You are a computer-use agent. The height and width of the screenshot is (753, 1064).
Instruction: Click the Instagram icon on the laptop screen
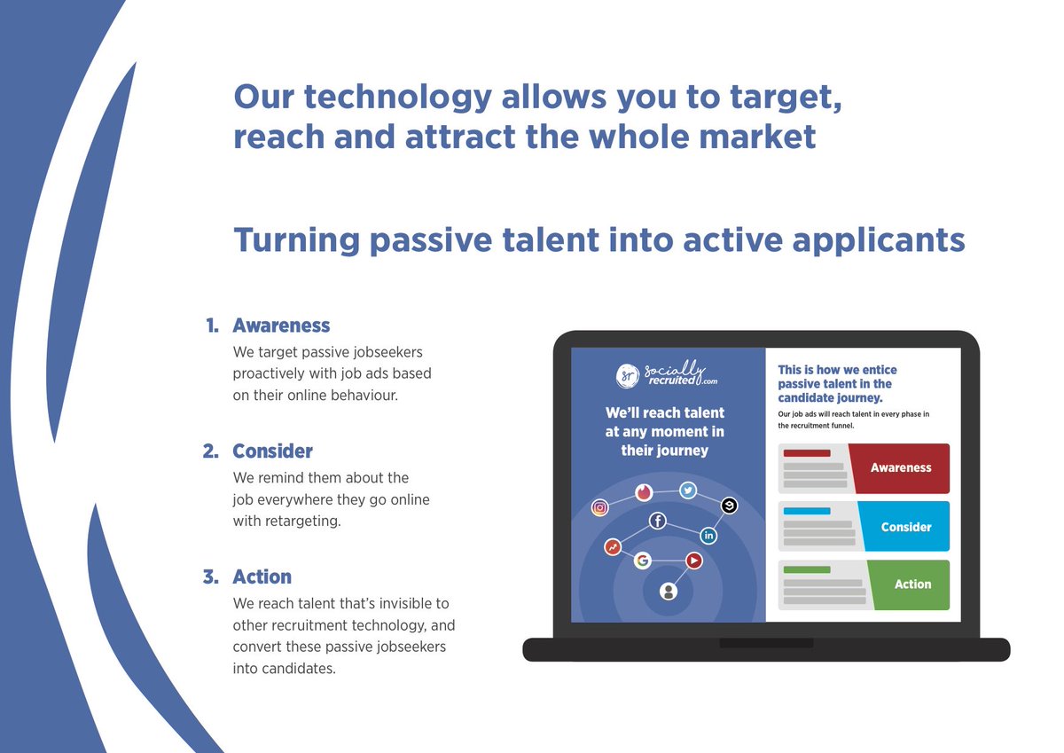[x=600, y=507]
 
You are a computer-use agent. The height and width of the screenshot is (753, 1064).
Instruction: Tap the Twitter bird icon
[x=687, y=490]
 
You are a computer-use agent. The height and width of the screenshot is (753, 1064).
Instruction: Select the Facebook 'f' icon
[x=658, y=522]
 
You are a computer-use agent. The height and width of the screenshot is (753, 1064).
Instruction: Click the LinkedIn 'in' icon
[x=708, y=536]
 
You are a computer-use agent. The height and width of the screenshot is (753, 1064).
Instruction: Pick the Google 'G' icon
[x=642, y=561]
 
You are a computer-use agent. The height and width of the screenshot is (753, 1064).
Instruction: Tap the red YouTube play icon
[x=694, y=561]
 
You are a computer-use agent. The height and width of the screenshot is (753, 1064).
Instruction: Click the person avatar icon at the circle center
[x=669, y=591]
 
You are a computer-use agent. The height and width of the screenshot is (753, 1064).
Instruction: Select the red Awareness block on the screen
[x=900, y=468]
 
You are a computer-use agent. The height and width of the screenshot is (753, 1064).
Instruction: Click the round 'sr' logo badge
[x=628, y=375]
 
